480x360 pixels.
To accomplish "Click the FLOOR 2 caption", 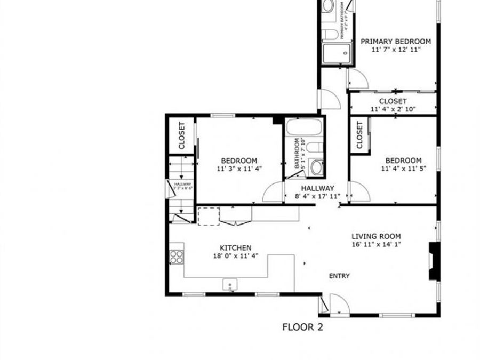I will [302, 327].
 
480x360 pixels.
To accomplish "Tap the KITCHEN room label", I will [236, 248].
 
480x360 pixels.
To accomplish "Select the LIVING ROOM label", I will [375, 236].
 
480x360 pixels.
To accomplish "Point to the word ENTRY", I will [339, 276].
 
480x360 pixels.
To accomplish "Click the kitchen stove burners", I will [177, 257].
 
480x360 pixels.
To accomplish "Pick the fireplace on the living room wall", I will [434, 261].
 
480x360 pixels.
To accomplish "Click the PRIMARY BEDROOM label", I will [396, 41].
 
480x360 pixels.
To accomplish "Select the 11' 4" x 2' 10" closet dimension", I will [393, 109].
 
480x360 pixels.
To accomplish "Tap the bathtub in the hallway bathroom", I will [303, 129].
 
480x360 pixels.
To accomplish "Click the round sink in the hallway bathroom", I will [316, 168].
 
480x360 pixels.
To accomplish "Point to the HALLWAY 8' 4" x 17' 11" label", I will [317, 192].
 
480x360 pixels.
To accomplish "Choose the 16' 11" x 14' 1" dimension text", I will [375, 245].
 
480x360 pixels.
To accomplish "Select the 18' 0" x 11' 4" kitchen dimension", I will [236, 256].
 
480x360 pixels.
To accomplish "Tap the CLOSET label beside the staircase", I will [181, 135].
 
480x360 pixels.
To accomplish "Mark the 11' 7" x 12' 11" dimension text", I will [396, 50].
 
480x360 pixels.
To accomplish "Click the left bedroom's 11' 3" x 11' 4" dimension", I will [239, 169].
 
